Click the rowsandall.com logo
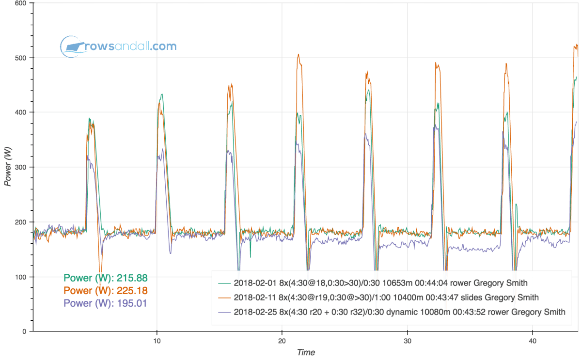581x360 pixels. [x=118, y=47]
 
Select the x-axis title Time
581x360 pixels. [x=306, y=352]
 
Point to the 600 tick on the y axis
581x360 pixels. [x=21, y=3]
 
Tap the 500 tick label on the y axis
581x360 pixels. [x=21, y=58]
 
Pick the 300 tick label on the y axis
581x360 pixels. [x=21, y=167]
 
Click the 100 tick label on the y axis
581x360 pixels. [x=21, y=277]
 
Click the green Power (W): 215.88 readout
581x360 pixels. [x=105, y=278]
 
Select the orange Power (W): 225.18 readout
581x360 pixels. [x=105, y=291]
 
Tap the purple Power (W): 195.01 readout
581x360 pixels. [x=105, y=303]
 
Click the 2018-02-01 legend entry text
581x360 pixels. [x=380, y=282]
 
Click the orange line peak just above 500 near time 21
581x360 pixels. [x=298, y=54]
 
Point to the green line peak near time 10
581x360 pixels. [x=162, y=94]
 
